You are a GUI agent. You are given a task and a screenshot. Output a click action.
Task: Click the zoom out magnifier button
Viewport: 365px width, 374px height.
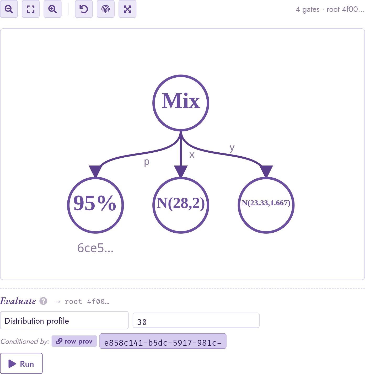click(x=9, y=9)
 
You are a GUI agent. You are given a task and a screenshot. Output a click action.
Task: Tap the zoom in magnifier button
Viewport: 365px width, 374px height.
click(x=52, y=9)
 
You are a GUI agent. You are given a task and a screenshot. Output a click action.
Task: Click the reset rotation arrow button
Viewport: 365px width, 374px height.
click(x=84, y=9)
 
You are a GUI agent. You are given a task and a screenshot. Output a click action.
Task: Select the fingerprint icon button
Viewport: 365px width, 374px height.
click(x=106, y=9)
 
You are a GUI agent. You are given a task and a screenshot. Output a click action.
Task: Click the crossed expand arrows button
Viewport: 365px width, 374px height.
click(x=127, y=9)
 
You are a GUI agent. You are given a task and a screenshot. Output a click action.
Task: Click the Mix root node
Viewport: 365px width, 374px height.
click(x=181, y=103)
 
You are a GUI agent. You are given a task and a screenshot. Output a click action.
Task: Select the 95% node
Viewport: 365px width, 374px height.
click(x=95, y=205)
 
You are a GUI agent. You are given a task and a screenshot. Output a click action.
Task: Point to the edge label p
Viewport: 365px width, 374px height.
click(x=147, y=162)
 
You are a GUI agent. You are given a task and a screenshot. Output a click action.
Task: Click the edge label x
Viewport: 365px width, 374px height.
click(x=192, y=155)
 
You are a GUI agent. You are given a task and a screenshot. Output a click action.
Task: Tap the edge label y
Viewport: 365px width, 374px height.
click(x=232, y=148)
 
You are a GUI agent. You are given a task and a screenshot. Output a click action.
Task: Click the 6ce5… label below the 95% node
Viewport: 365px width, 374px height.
click(x=95, y=248)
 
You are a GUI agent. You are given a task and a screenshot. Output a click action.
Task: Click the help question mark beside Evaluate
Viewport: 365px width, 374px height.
click(x=44, y=301)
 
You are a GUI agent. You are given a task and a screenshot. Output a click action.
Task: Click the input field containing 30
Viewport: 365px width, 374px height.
click(x=196, y=320)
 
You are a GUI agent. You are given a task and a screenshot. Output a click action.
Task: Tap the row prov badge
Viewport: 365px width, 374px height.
click(x=74, y=341)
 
